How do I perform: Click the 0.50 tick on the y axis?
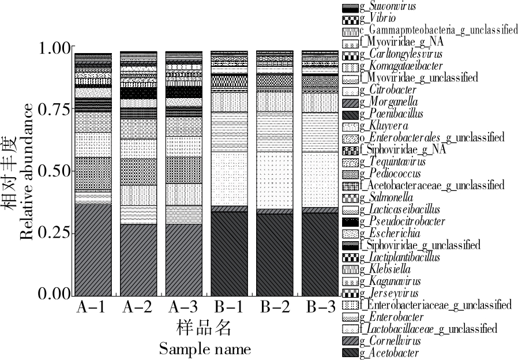55,171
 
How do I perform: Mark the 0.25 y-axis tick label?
55,232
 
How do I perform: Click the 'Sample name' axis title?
205,349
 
